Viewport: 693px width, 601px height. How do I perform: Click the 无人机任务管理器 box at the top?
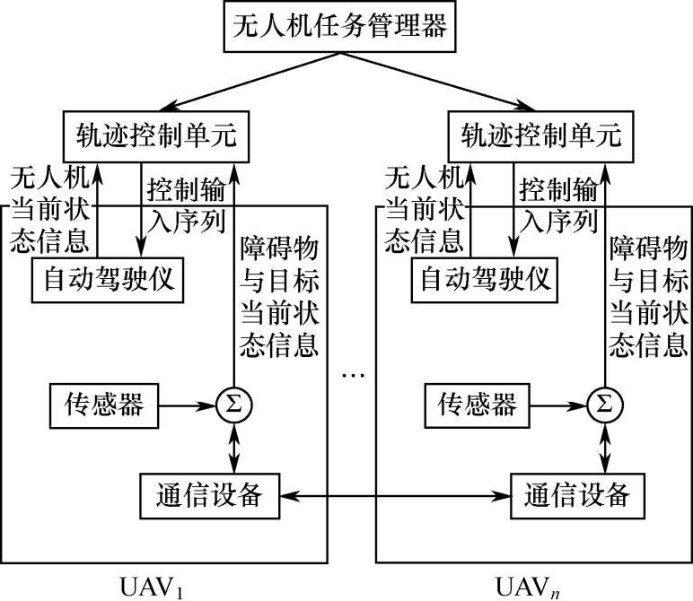[x=346, y=26]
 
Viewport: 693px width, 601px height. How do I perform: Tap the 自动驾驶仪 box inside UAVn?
[x=486, y=281]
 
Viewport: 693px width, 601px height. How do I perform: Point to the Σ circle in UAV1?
[x=234, y=405]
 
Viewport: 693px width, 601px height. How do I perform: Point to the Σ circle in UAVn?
[x=606, y=405]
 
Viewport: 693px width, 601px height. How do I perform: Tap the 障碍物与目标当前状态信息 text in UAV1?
[x=277, y=295]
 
